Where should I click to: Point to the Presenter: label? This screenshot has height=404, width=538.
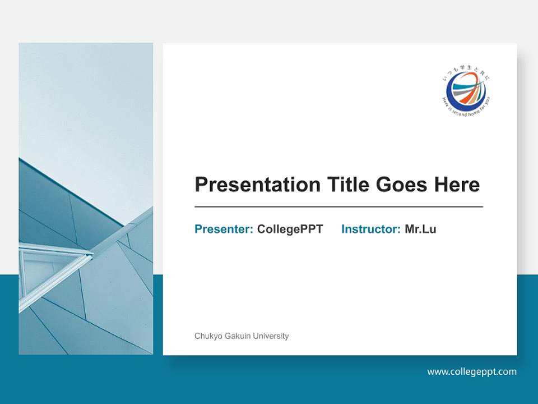(224, 229)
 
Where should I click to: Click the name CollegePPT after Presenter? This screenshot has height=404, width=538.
(290, 229)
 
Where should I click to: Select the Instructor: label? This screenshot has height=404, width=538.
(370, 229)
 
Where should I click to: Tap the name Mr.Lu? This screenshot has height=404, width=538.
(420, 229)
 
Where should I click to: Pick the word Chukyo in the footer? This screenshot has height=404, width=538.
(207, 336)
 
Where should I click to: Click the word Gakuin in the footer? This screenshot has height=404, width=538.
(236, 336)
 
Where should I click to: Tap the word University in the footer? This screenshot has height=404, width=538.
(271, 336)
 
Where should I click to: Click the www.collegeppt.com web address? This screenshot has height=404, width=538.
(472, 371)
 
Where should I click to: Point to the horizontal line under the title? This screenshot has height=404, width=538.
(338, 207)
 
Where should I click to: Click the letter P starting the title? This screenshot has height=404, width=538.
(201, 185)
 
